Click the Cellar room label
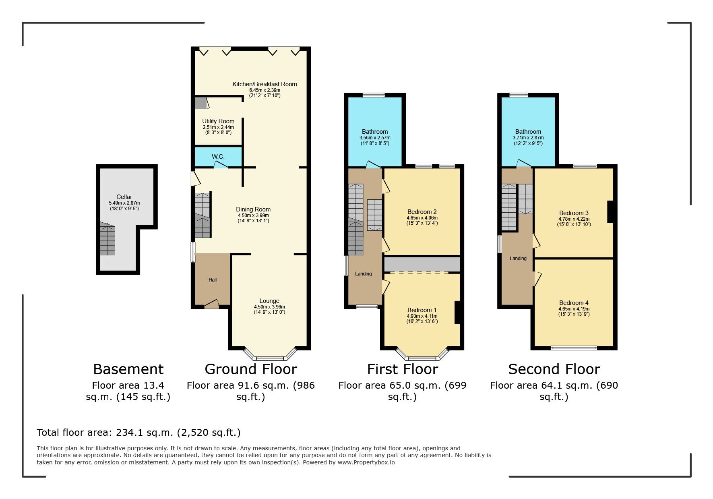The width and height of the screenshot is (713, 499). click(x=124, y=197)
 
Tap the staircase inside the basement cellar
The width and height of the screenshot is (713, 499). click(x=107, y=238)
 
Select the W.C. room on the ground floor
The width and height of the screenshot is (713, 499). click(x=219, y=157)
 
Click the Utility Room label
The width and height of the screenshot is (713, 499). click(x=218, y=121)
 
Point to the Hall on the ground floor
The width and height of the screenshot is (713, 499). click(x=213, y=280)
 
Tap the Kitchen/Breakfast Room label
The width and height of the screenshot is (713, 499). click(x=265, y=84)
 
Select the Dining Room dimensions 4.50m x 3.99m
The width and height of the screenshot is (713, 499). click(x=253, y=215)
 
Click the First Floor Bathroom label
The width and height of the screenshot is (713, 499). click(x=375, y=132)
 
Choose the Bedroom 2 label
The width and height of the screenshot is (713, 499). click(x=422, y=212)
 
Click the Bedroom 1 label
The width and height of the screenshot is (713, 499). click(x=422, y=310)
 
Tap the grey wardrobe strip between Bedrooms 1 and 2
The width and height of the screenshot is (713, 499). click(x=422, y=264)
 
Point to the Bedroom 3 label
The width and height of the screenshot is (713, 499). click(x=574, y=213)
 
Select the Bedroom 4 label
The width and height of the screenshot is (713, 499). click(x=574, y=303)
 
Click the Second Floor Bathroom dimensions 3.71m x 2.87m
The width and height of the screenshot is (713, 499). click(x=528, y=138)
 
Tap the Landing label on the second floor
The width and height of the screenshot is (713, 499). click(x=518, y=259)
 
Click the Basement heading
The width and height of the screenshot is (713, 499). click(x=128, y=369)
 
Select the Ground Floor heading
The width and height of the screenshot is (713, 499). click(x=251, y=369)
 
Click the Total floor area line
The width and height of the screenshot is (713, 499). click(x=138, y=433)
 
